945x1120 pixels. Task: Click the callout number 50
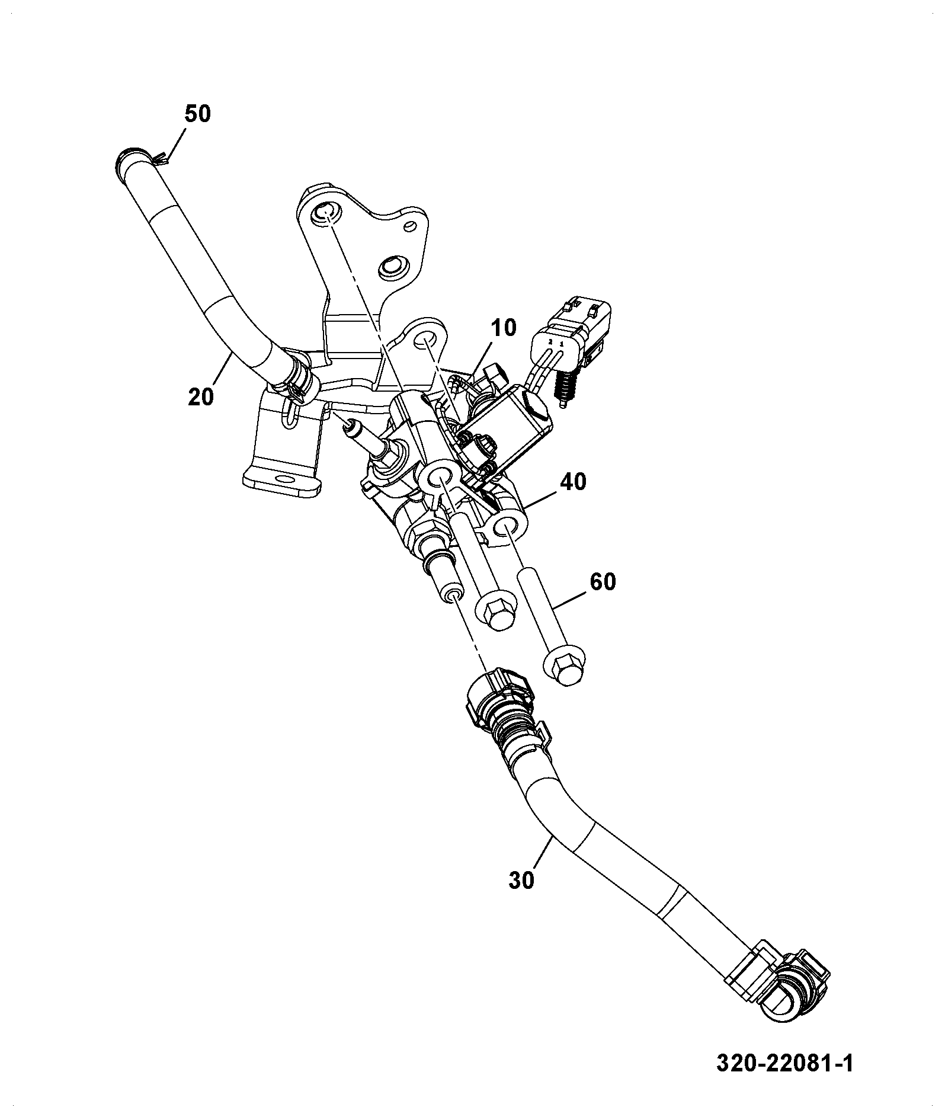[x=197, y=114]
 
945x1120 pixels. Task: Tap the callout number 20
[x=201, y=396]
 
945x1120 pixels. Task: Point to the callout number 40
[x=573, y=482]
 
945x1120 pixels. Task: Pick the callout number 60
[x=603, y=581]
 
